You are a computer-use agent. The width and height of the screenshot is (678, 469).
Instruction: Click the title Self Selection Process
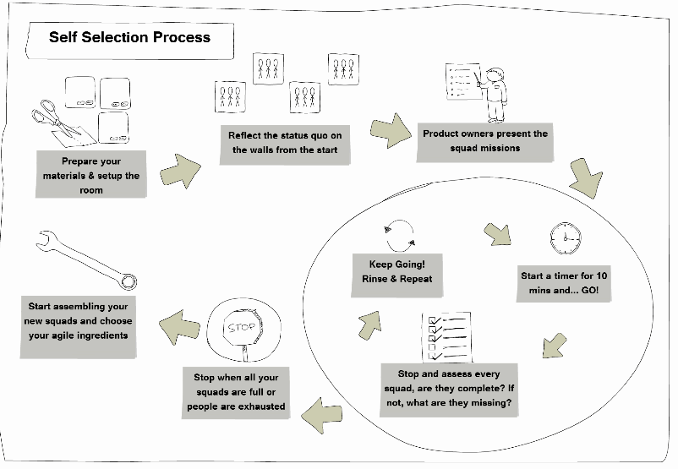(x=129, y=37)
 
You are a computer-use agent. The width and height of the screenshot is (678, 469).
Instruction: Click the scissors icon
(x=56, y=119)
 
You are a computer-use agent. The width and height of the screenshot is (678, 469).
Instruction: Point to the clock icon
(x=562, y=238)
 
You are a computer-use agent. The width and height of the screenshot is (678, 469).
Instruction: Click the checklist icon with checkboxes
(x=446, y=336)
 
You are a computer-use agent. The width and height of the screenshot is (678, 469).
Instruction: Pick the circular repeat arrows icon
(x=397, y=232)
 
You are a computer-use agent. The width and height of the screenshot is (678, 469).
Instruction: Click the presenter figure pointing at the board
(x=495, y=94)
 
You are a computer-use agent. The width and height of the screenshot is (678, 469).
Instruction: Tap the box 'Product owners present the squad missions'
(x=485, y=140)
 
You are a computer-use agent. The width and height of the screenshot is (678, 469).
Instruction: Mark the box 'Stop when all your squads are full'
(x=235, y=391)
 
